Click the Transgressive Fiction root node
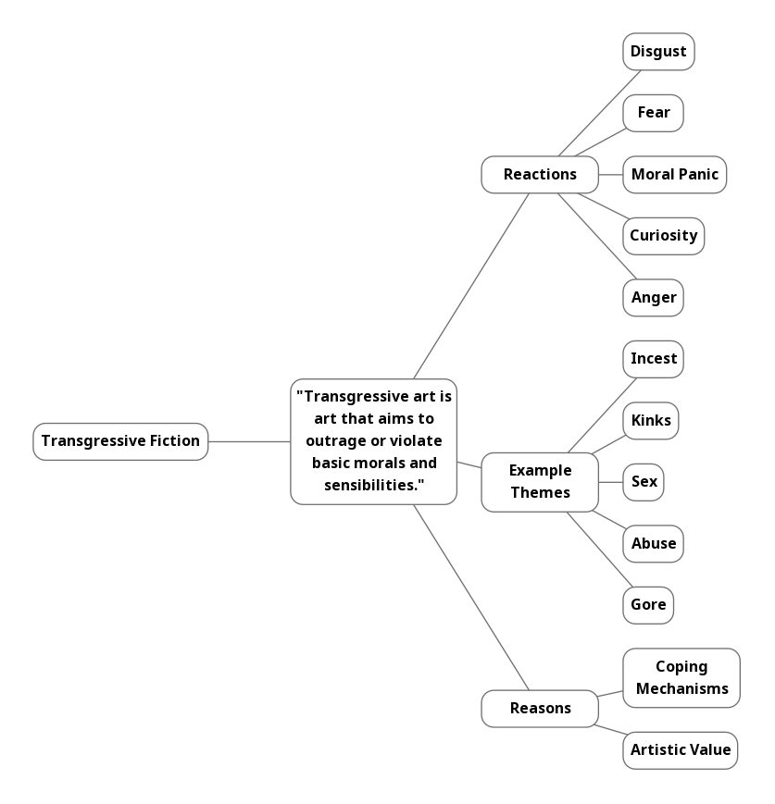click(x=120, y=441)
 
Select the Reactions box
click(x=540, y=175)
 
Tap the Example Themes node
click(x=540, y=482)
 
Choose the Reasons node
click(x=540, y=709)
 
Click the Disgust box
click(x=658, y=52)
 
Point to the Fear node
click(x=654, y=113)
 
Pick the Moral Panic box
click(x=675, y=175)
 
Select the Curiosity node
click(x=664, y=236)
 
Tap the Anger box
click(x=654, y=298)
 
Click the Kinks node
click(x=651, y=421)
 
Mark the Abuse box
click(x=654, y=544)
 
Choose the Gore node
click(x=648, y=606)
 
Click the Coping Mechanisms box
click(x=681, y=678)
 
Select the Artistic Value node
click(x=681, y=750)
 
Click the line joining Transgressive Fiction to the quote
click(x=249, y=441)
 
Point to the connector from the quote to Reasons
click(x=471, y=598)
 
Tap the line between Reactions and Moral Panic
click(x=611, y=175)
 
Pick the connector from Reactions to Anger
click(x=597, y=236)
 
